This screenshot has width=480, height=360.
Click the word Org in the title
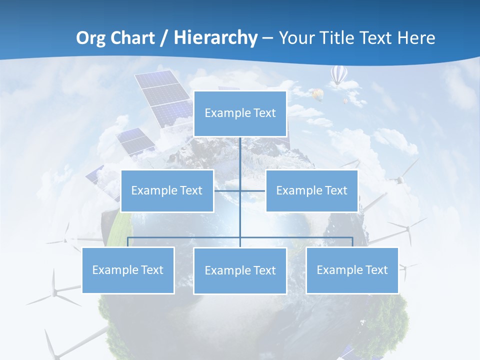(x=90, y=38)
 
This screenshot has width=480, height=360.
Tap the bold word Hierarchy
(x=215, y=38)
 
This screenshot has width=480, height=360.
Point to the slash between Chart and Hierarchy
(x=164, y=38)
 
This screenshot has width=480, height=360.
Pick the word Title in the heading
(x=339, y=38)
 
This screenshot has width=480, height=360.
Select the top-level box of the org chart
(x=240, y=113)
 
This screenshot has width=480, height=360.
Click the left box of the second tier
(x=167, y=190)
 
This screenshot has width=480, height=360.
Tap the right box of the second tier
(x=311, y=190)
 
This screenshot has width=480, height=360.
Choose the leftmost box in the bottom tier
(x=128, y=270)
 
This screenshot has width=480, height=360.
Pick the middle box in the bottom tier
(x=240, y=270)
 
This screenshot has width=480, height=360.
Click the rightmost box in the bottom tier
(x=352, y=270)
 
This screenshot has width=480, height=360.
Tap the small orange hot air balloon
(x=317, y=93)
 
